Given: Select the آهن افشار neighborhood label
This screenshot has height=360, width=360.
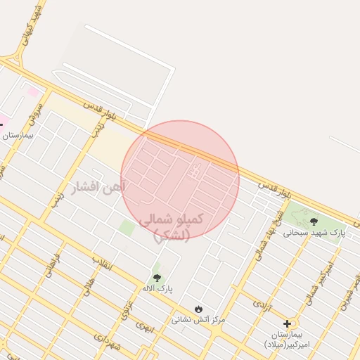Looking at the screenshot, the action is (98, 186).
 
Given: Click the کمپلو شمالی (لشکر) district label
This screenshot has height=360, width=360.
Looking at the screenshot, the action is (171, 227).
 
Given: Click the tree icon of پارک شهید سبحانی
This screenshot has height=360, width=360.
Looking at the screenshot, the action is (314, 221).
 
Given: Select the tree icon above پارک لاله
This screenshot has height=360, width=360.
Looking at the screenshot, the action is (157, 278).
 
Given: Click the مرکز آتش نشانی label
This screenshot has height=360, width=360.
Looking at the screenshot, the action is (198, 319).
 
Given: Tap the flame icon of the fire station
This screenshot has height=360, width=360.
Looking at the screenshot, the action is (198, 309).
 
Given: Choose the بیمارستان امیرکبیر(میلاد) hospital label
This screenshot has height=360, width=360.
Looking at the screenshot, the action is (286, 338).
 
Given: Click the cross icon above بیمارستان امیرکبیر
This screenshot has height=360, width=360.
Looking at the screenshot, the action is (286, 323).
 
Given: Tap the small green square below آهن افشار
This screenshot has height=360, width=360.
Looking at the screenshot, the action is (127, 228).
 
